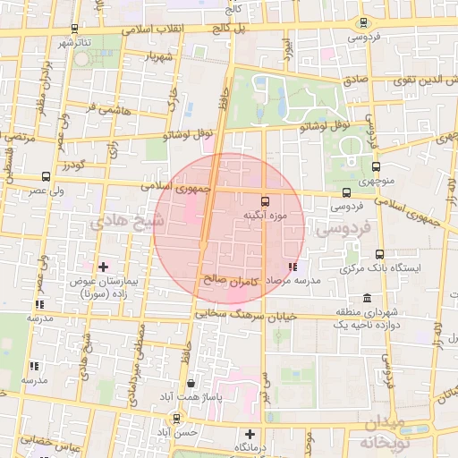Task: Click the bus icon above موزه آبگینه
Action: (265, 200)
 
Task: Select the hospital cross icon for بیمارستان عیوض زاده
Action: (103, 267)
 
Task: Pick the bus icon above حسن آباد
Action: (179, 417)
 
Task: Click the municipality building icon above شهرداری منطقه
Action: (367, 298)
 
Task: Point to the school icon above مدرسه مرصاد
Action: (293, 267)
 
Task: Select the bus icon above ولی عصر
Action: (46, 176)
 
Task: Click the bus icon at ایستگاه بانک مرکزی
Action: (380, 254)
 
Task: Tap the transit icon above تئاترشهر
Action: (73, 29)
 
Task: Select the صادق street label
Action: (356, 80)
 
